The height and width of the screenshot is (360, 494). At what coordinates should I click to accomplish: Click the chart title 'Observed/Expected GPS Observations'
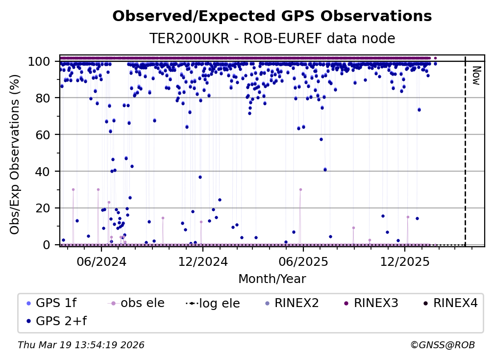pyautogui.click(x=272, y=17)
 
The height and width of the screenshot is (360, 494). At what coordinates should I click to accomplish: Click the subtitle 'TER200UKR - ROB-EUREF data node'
pyautogui.click(x=272, y=39)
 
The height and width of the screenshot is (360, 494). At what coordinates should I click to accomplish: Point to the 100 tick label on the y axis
pyautogui.click(x=41, y=61)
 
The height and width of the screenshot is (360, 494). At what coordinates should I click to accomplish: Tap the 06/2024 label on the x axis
pyautogui.click(x=101, y=261)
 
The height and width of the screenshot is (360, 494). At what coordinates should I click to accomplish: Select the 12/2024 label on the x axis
pyautogui.click(x=202, y=261)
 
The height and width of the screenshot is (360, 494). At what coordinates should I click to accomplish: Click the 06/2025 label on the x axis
pyautogui.click(x=303, y=261)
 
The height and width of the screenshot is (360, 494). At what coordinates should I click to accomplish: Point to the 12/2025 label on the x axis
pyautogui.click(x=404, y=261)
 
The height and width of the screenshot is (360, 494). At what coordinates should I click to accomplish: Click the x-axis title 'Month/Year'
pyautogui.click(x=272, y=279)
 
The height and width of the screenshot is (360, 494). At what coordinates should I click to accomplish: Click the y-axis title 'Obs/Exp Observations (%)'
pyautogui.click(x=15, y=154)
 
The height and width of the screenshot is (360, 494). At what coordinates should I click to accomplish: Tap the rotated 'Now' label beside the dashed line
pyautogui.click(x=475, y=76)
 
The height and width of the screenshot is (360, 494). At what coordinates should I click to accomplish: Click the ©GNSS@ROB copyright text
pyautogui.click(x=442, y=345)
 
